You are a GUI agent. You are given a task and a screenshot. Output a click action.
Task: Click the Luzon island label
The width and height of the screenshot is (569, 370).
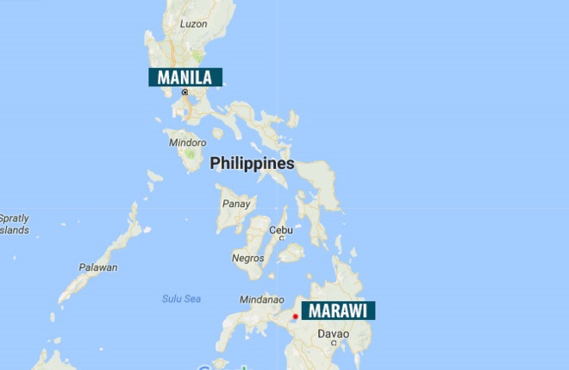pos(193,24)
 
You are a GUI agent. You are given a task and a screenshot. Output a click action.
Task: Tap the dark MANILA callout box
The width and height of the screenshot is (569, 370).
pos(185,77)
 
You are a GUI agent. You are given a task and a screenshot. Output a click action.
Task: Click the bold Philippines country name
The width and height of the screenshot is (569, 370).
pos(252,163)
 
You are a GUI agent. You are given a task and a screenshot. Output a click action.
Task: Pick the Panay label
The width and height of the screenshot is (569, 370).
pos(235,204)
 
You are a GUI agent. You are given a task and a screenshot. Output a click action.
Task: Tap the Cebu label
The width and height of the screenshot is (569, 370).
pos(281,230)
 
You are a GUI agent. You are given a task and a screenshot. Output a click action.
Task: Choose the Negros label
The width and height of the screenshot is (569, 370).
pos(247,258)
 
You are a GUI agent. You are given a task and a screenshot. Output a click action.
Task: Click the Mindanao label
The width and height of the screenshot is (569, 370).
pos(261,299)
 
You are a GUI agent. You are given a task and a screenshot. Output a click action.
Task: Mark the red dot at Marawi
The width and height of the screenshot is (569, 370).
pos(294,317)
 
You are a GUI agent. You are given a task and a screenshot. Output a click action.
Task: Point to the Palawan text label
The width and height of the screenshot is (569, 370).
pos(97,267)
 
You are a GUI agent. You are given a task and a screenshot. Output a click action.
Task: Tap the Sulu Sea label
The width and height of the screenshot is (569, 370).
pos(181,298)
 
